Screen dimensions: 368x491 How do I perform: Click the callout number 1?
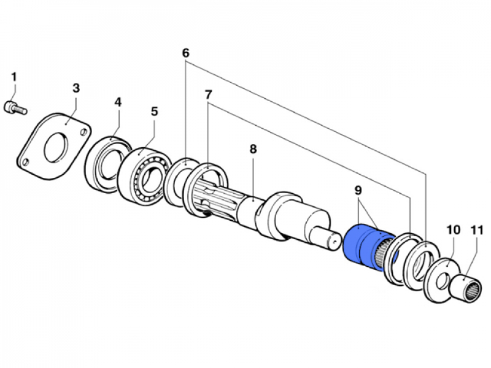[x=14, y=77]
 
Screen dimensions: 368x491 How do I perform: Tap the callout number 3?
[x=75, y=88]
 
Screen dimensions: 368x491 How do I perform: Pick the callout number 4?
[x=118, y=102]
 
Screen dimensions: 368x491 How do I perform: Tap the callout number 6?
[x=185, y=53]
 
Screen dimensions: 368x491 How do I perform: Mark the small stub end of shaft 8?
[x=332, y=237]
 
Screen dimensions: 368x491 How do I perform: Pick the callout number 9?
[x=358, y=191]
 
